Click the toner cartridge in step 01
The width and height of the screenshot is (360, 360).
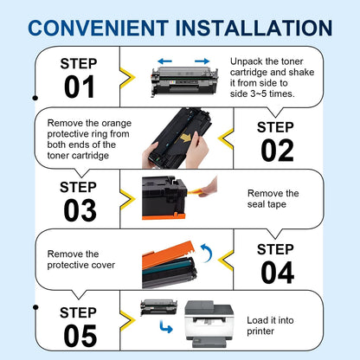(x=182, y=79)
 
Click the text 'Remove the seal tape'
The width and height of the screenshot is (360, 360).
(x=273, y=199)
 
